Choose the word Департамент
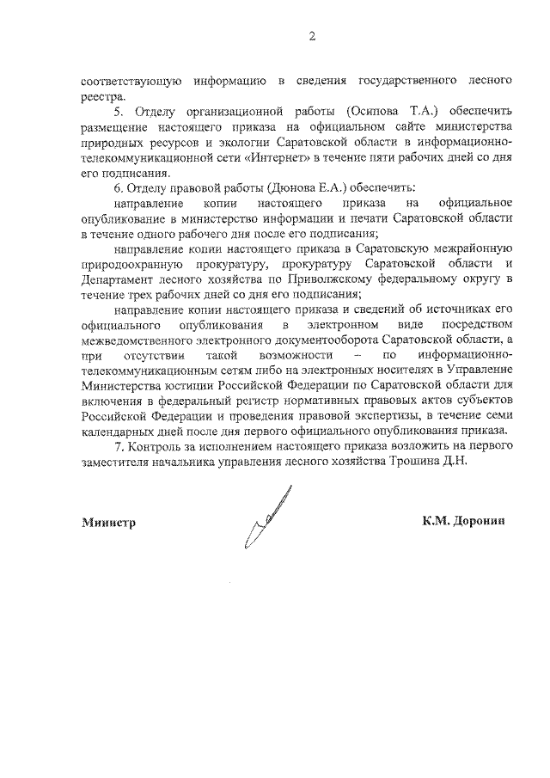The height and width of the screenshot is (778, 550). [119, 280]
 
